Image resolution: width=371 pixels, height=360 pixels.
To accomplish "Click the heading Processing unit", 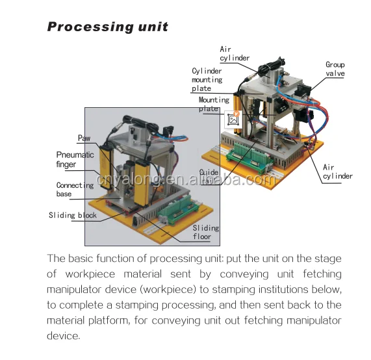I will [108, 27].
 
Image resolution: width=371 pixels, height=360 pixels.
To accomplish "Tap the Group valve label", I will [335, 69].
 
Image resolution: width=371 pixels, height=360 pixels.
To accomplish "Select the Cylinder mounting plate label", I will [207, 79].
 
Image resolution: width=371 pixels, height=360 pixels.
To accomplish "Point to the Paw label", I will [84, 138].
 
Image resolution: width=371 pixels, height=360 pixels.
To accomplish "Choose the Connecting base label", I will [75, 190].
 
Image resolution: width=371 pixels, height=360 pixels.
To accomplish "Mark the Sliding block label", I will [72, 215].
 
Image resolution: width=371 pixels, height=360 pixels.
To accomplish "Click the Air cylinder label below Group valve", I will [337, 172].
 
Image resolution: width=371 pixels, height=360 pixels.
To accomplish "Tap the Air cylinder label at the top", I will [234, 53].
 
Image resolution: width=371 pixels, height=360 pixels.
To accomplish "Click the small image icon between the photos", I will [233, 119].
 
